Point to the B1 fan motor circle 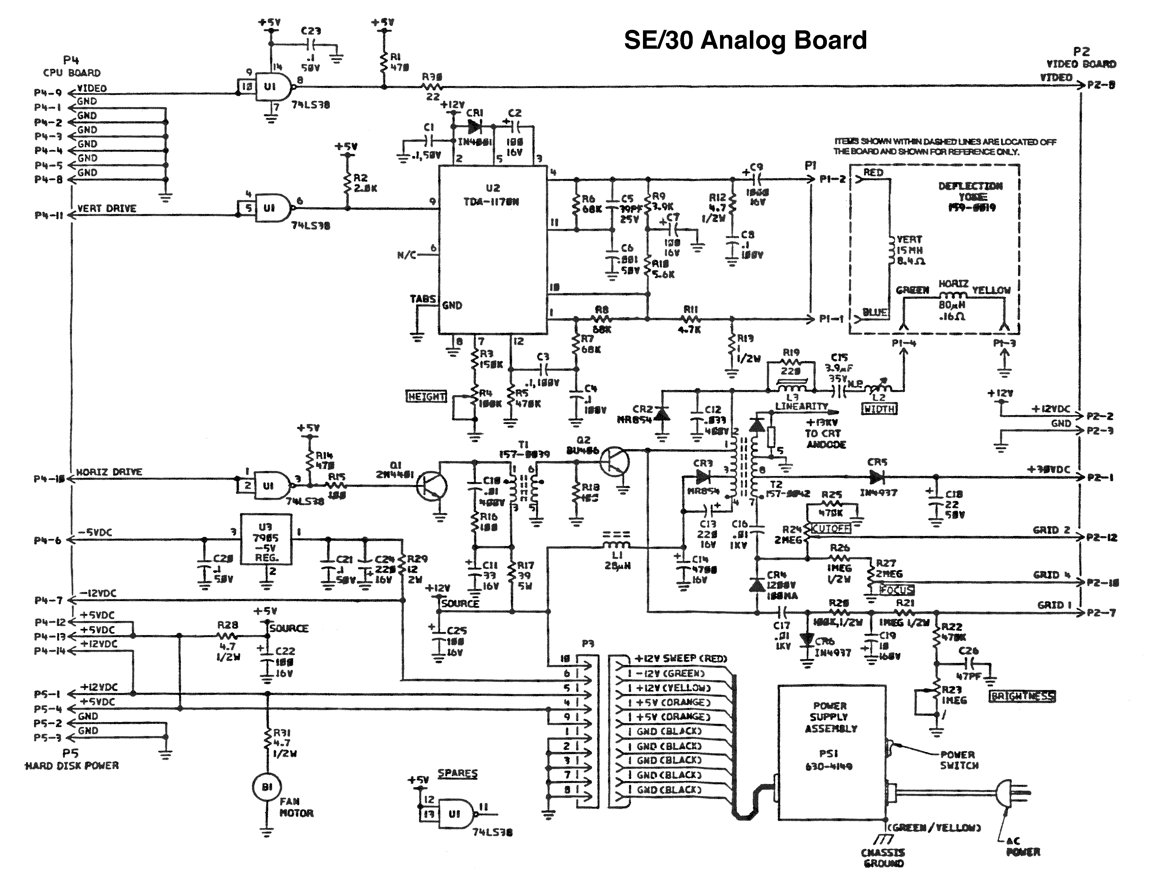[x=267, y=787]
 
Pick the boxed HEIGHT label [x=427, y=397]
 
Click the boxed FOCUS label [x=897, y=590]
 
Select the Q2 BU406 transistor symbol [x=615, y=461]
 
